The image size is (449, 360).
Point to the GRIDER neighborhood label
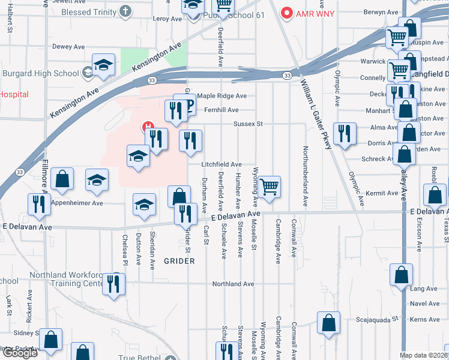[179, 261]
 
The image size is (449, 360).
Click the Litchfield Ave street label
[221, 164]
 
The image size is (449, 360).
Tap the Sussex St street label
[249, 124]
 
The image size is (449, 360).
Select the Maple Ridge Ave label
[222, 96]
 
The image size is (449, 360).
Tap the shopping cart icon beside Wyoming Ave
[270, 186]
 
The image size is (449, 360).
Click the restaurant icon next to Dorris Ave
[344, 133]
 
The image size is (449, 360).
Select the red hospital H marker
[146, 127]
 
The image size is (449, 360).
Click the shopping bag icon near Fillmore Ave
[62, 178]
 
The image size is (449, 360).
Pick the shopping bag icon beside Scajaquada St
[328, 322]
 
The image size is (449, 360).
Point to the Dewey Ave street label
[69, 47]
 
